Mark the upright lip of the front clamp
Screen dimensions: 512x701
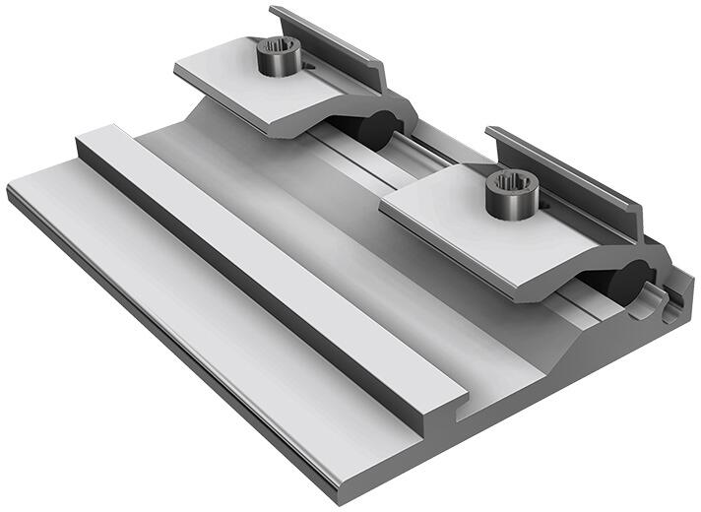pos(561,167)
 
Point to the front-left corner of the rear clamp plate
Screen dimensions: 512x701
pos(177,74)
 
